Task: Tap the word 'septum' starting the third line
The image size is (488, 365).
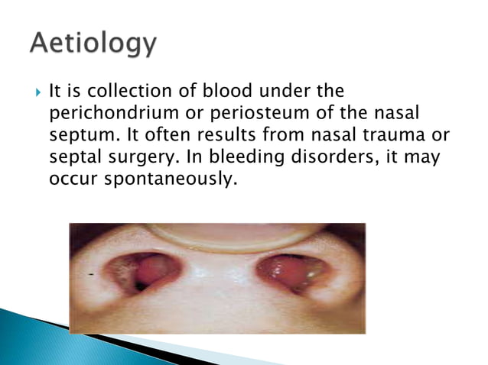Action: (x=72, y=134)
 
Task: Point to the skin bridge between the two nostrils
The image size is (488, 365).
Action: (x=217, y=275)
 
